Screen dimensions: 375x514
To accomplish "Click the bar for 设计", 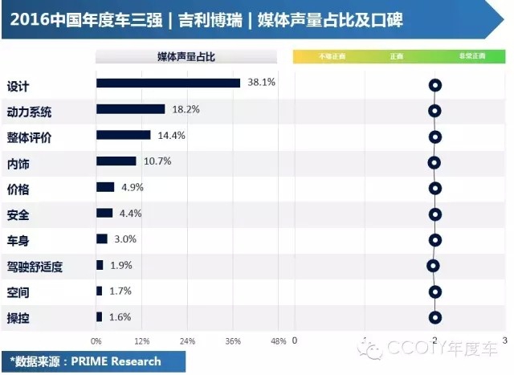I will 168,83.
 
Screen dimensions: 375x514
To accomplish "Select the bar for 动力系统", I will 130,109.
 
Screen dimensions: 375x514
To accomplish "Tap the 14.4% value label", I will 172,136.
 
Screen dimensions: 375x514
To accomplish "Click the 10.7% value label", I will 157,161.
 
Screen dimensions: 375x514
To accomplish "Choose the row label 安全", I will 18,214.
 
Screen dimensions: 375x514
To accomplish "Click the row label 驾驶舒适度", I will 35,267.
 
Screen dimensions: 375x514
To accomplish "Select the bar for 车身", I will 101,239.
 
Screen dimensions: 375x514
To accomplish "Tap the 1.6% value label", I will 120,317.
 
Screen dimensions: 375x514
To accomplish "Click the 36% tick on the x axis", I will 233,341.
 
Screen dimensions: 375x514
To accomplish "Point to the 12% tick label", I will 141,341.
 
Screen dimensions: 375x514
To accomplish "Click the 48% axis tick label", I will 278,341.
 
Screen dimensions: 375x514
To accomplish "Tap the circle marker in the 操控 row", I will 435,317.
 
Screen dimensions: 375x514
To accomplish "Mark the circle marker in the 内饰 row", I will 434,163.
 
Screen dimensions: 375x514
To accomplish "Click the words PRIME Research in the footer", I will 118,361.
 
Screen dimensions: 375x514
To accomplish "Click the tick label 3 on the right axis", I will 504,340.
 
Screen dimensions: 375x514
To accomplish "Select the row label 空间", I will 18,291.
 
